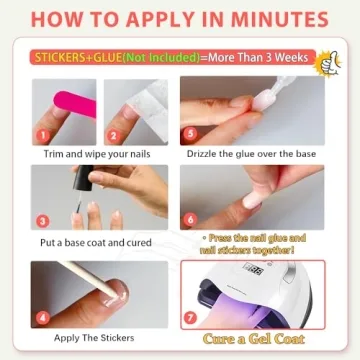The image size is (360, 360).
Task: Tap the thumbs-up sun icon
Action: coord(324,62)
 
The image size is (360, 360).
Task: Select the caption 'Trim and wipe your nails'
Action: coord(97,155)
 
